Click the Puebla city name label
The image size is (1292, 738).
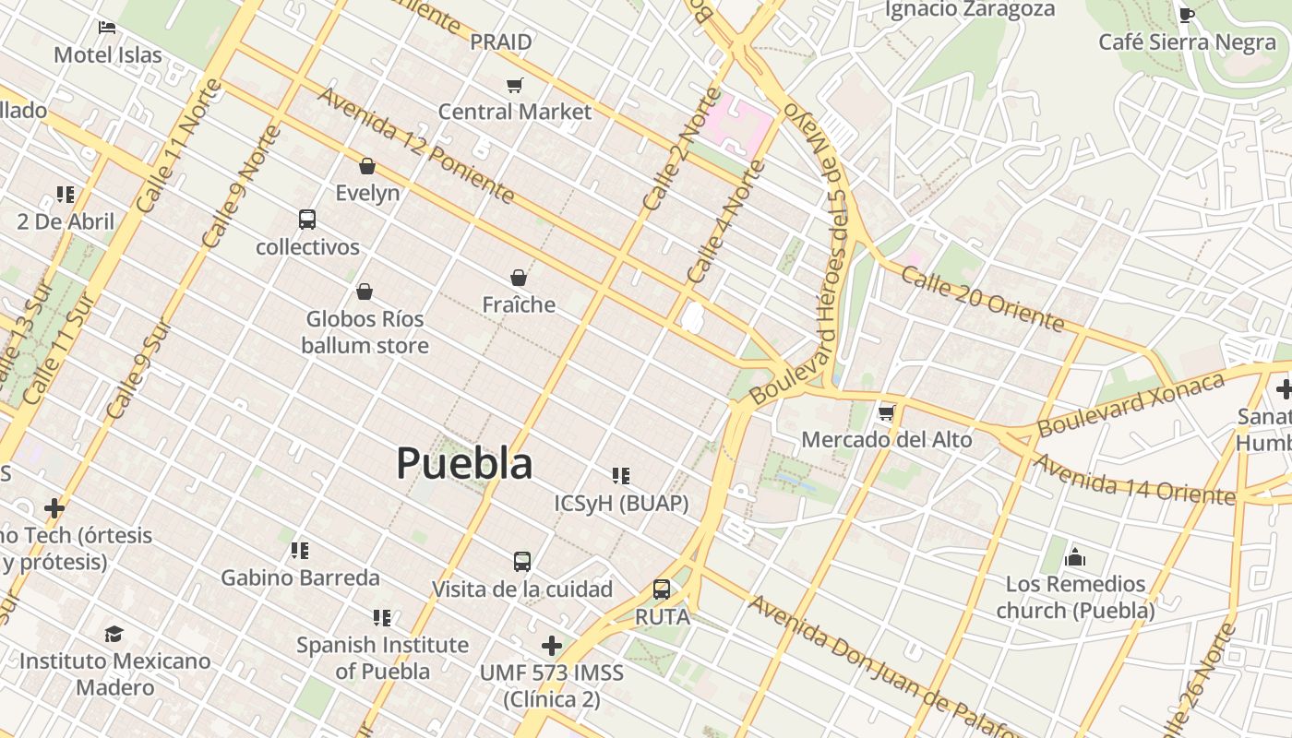(x=464, y=463)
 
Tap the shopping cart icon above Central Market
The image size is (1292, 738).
(x=515, y=86)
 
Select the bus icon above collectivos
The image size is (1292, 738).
(x=307, y=220)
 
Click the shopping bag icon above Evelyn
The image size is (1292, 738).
(x=367, y=166)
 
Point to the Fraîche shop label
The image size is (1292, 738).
(x=519, y=304)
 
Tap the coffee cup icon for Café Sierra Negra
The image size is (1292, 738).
(x=1187, y=15)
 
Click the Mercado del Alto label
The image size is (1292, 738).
(x=886, y=439)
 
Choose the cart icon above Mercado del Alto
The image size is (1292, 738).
(x=887, y=412)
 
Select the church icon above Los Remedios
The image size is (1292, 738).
(x=1075, y=557)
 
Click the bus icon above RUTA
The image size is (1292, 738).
(x=662, y=589)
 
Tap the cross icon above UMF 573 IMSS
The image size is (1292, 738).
(x=552, y=645)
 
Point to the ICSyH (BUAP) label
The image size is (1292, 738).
(x=621, y=503)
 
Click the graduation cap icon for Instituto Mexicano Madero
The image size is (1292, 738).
(x=114, y=634)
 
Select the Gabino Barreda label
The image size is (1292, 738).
(x=300, y=577)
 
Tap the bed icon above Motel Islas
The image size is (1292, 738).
(x=107, y=28)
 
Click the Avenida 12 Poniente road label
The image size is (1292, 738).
(x=415, y=145)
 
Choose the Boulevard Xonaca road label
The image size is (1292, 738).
(x=1130, y=405)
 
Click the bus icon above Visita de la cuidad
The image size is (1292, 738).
(x=522, y=561)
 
